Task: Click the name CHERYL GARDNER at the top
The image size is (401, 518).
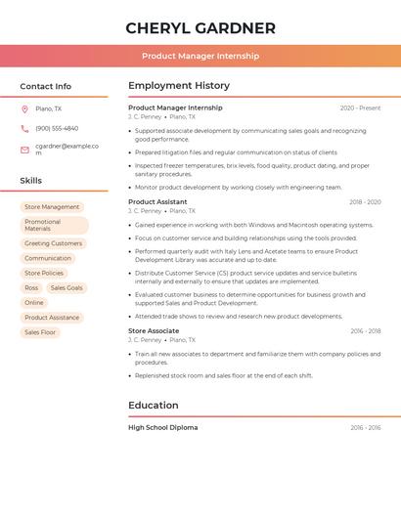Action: coord(200,28)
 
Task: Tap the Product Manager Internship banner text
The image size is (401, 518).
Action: coord(200,56)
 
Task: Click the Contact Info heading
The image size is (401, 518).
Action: coord(46,86)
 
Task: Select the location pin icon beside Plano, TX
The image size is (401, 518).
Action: coord(24,108)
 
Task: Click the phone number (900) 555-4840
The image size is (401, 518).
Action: coord(57,128)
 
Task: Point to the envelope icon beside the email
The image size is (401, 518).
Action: coord(24,149)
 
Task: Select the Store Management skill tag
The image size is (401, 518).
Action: coord(52,207)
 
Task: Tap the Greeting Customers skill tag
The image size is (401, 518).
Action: coord(53,243)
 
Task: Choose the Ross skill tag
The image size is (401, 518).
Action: coord(31,288)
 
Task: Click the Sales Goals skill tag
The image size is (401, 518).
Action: coord(67,288)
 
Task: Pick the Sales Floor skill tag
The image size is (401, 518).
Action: coord(40,332)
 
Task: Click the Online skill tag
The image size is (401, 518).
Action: coord(34,303)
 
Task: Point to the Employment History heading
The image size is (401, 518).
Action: coord(179,86)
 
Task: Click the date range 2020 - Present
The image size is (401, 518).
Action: coord(360,108)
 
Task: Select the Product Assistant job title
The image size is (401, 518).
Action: coord(157,202)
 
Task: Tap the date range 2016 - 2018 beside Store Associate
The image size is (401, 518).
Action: coord(365,331)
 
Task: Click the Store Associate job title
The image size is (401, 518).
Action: coord(154,331)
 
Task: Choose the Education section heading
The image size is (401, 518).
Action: coord(154,406)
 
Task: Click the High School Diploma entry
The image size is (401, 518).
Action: coord(162,428)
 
